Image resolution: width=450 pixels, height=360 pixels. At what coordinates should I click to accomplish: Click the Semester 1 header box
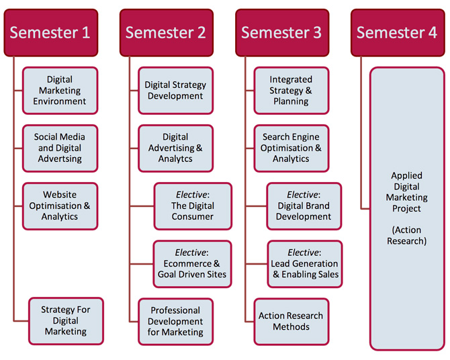[x=51, y=33]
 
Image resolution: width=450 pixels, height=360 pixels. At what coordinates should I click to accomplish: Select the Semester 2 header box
[x=167, y=33]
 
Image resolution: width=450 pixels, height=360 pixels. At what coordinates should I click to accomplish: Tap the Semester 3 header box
[x=282, y=33]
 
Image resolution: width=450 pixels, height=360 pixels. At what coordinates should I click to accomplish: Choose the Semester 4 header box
[x=398, y=33]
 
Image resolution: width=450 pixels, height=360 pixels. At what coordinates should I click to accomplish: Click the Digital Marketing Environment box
[x=60, y=91]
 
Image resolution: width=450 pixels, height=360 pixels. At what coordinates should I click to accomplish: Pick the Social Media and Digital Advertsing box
[x=60, y=148]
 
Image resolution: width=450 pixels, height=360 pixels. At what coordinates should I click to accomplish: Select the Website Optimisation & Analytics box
[x=60, y=206]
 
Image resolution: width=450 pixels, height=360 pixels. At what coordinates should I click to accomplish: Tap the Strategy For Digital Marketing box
[x=66, y=321]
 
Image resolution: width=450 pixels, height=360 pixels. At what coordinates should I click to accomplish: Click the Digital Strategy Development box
[x=175, y=91]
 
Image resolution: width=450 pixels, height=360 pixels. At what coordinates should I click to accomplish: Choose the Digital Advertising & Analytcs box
[x=175, y=148]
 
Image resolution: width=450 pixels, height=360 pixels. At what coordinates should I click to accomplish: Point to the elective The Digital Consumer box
[x=193, y=206]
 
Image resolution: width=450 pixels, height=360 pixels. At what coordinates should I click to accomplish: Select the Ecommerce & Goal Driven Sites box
[x=192, y=264]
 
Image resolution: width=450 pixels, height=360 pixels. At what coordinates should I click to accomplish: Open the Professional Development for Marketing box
[x=175, y=322]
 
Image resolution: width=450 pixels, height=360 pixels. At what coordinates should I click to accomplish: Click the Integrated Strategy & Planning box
[x=291, y=91]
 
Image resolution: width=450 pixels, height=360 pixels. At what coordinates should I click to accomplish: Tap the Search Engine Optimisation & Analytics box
[x=291, y=148]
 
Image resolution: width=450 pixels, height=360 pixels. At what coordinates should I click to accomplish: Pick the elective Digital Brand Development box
[x=304, y=206]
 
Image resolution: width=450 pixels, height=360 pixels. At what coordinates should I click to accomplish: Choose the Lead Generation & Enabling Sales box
[x=305, y=264]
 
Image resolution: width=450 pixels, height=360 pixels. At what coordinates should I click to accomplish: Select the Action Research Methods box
[x=291, y=322]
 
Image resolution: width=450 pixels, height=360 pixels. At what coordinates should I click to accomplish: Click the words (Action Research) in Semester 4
[x=406, y=235]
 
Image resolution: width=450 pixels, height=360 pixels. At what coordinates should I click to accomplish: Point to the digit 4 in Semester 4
[x=433, y=32]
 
